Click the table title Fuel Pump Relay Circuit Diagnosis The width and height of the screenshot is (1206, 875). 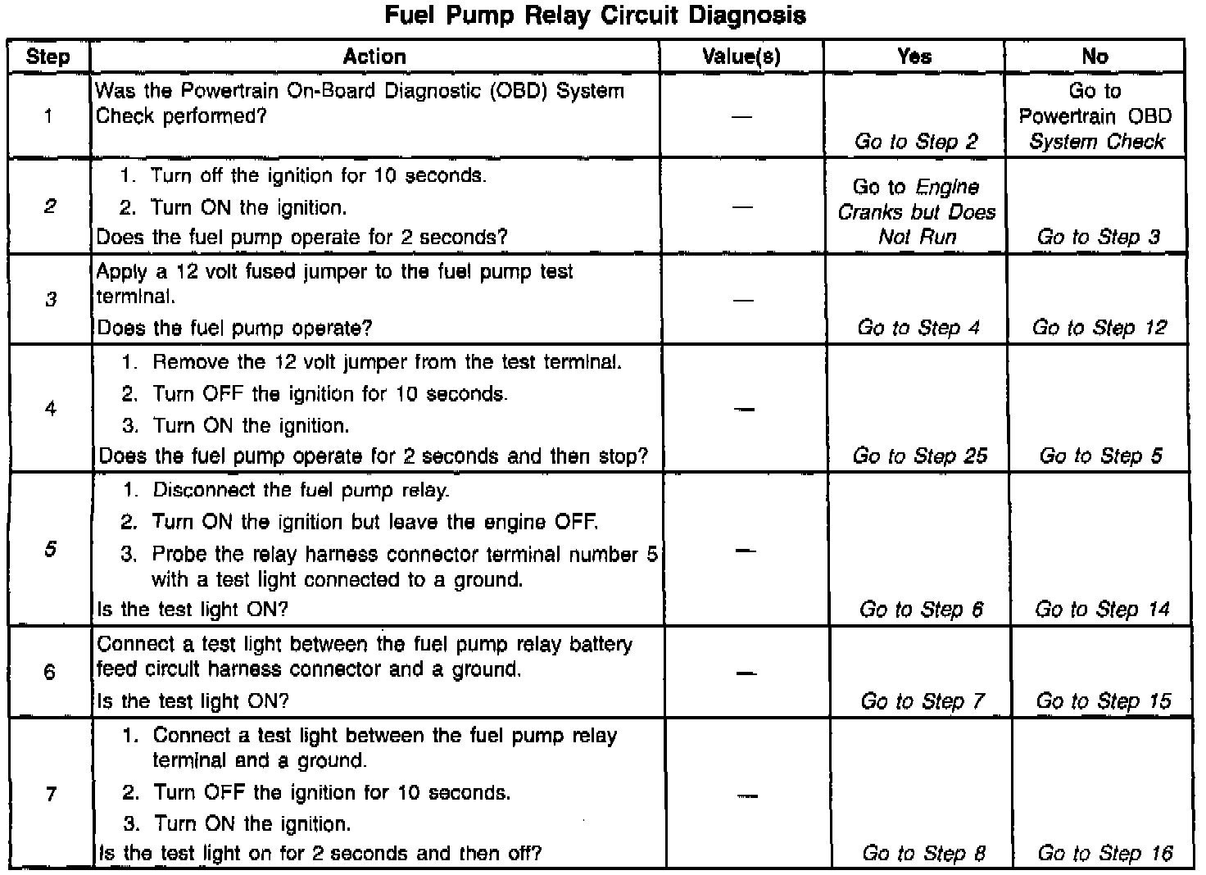[595, 16]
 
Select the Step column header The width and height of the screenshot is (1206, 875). [48, 57]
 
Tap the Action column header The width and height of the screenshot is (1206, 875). [374, 57]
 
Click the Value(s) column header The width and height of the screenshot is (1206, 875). [741, 57]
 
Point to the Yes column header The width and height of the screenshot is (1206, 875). [914, 57]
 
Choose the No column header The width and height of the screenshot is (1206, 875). [1095, 57]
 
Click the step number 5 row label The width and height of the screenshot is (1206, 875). [51, 548]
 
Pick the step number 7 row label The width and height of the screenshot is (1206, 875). [51, 793]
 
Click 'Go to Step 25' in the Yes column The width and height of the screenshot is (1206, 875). [920, 456]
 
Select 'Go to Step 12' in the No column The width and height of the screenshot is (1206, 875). [1099, 328]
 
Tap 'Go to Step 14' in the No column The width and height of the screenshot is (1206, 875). [1102, 609]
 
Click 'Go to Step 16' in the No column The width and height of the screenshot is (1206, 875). [1105, 853]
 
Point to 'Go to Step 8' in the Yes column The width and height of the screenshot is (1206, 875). [923, 853]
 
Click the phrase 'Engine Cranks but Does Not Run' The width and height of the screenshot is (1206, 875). [917, 212]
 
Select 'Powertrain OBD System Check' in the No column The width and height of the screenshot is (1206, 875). [1096, 129]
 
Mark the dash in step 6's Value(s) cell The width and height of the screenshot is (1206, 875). [745, 673]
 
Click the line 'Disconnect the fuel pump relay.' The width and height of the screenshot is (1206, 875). [301, 490]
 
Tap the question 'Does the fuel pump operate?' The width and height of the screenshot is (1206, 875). [234, 328]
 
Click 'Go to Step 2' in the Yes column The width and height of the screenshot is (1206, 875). [916, 141]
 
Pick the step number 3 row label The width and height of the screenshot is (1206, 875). [51, 299]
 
